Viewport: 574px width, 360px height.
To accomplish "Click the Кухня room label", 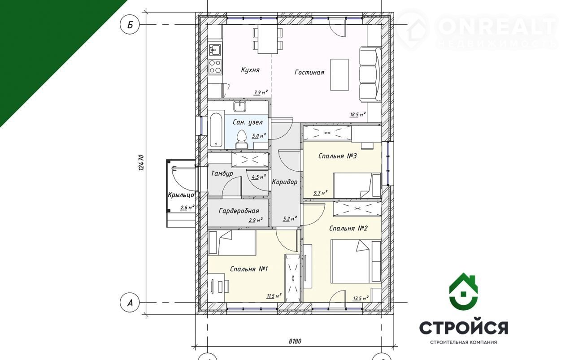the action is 250,70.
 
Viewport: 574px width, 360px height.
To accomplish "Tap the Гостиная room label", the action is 309,72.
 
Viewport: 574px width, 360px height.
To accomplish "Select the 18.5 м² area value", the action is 358,114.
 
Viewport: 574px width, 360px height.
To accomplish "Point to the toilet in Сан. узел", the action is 242,139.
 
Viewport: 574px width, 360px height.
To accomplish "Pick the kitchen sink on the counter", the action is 215,49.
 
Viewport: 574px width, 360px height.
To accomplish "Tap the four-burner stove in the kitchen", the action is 215,66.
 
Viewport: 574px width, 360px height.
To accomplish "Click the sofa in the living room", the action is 370,74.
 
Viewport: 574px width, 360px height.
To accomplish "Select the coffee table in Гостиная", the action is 339,75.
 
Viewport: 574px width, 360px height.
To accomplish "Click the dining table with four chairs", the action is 268,39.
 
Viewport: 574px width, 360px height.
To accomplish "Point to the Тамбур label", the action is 222,173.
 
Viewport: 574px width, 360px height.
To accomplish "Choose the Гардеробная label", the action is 239,211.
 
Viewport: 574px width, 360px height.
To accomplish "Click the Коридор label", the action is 284,182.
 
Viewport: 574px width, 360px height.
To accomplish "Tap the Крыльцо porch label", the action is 181,195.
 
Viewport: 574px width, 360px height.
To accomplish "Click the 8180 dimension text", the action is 295,341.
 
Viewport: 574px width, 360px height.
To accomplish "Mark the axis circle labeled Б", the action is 130,25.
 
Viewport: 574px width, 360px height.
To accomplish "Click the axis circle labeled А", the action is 130,303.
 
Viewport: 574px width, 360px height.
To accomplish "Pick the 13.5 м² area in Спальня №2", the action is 361,298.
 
